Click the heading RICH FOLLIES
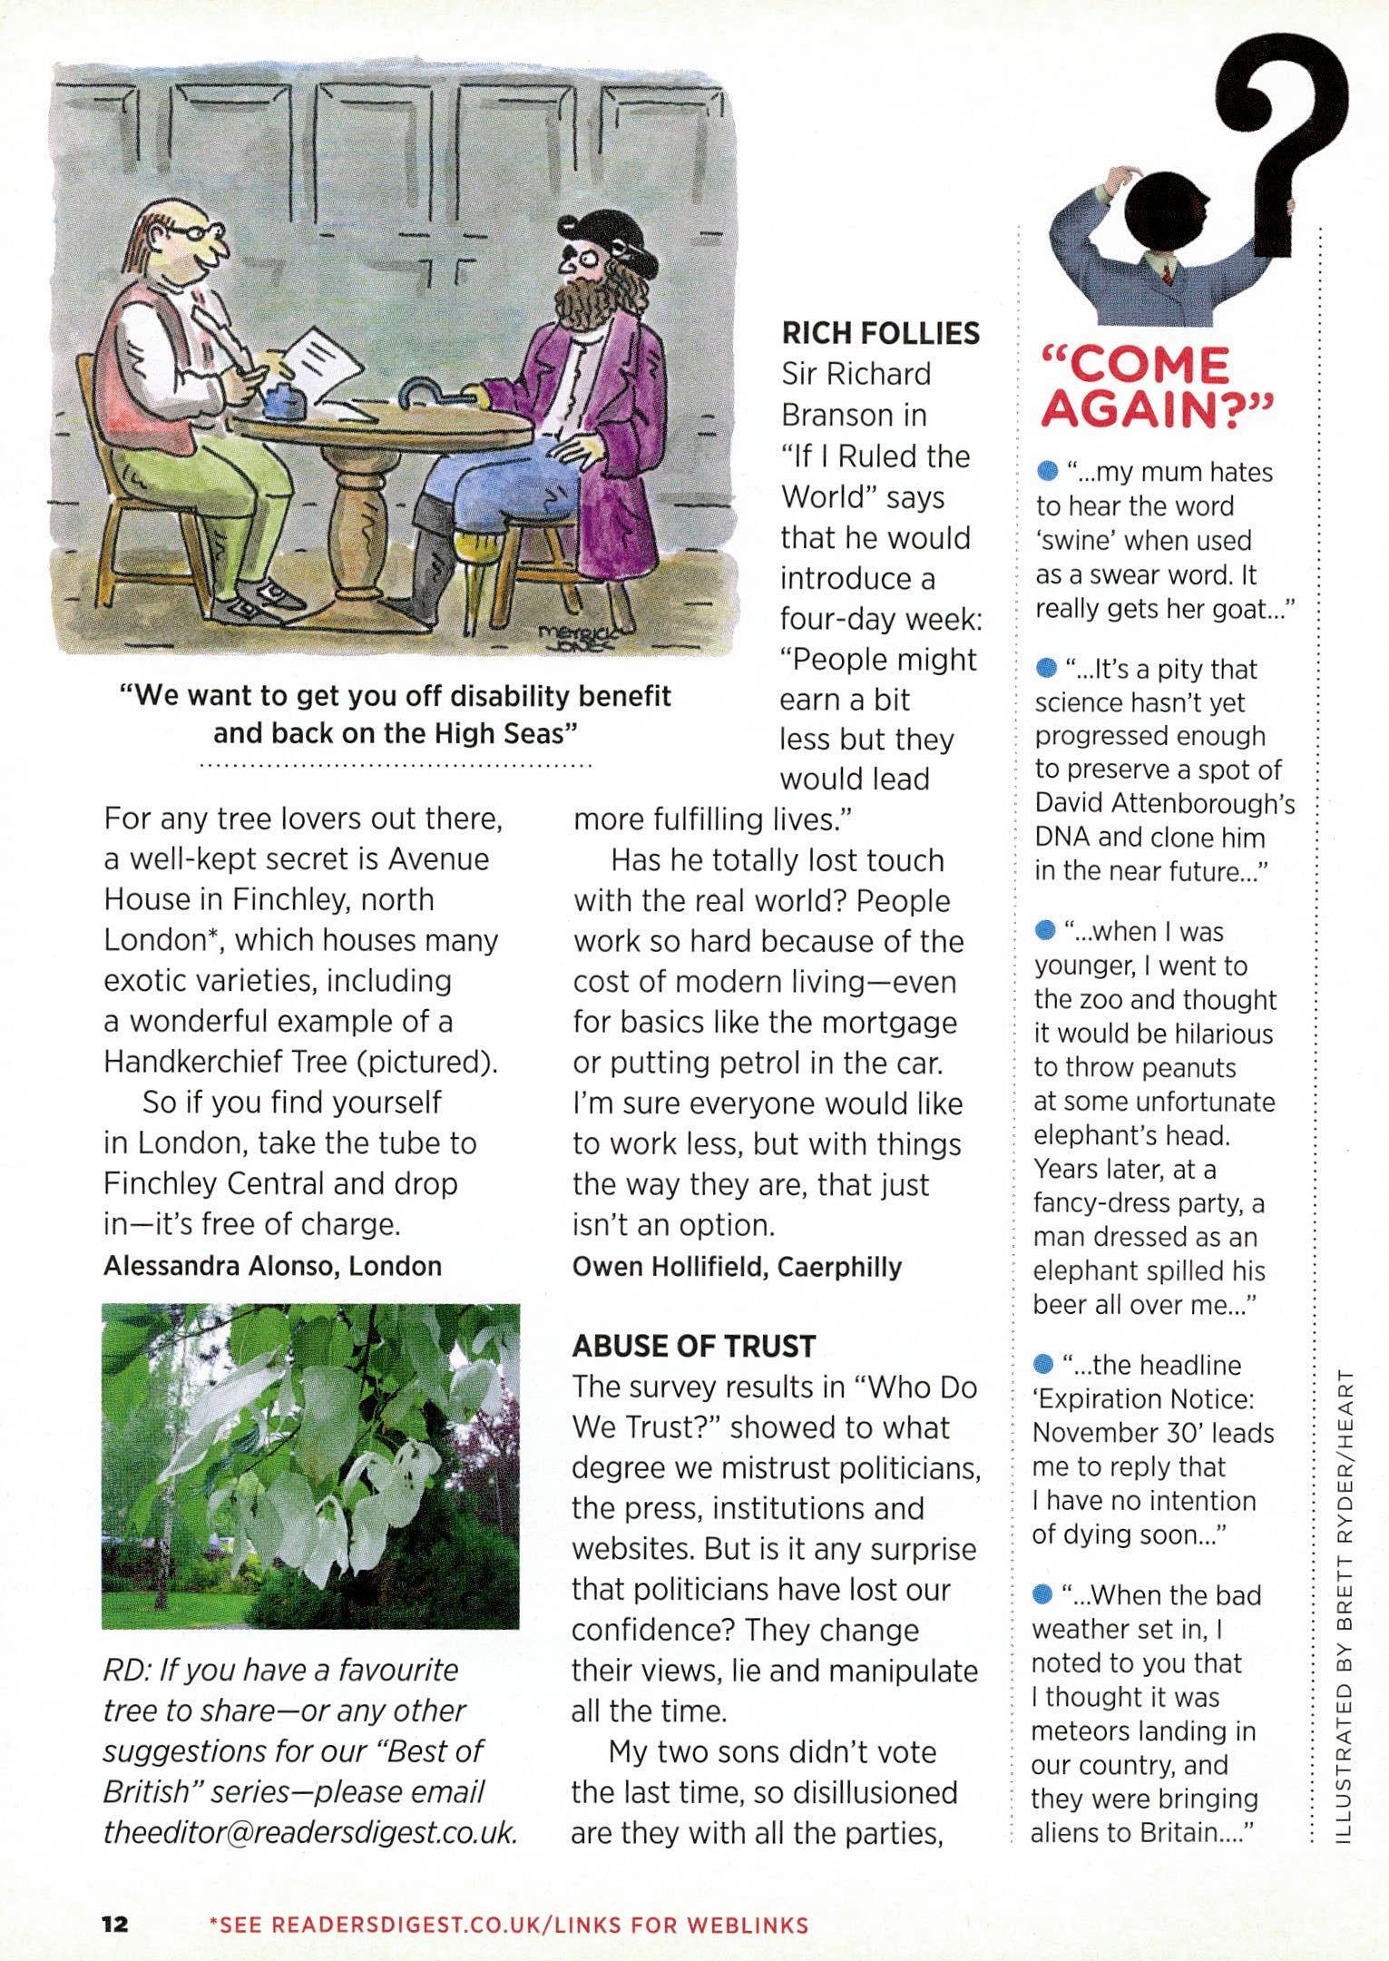880,333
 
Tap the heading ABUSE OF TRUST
693,1346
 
